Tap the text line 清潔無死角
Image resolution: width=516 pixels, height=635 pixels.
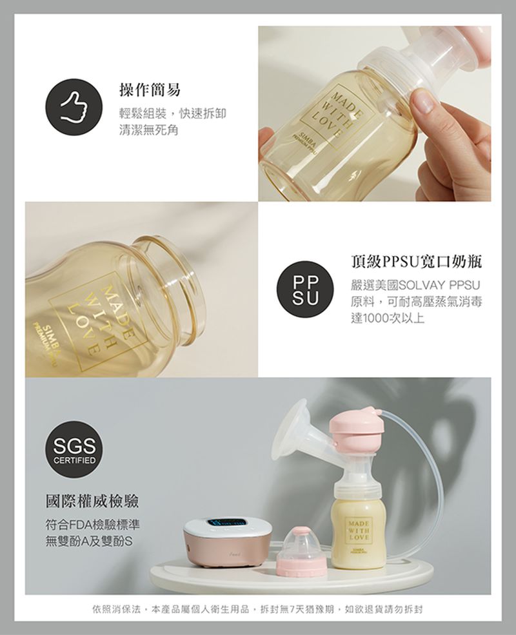coord(148,130)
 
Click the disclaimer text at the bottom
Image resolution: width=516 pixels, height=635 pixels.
coord(258,609)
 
